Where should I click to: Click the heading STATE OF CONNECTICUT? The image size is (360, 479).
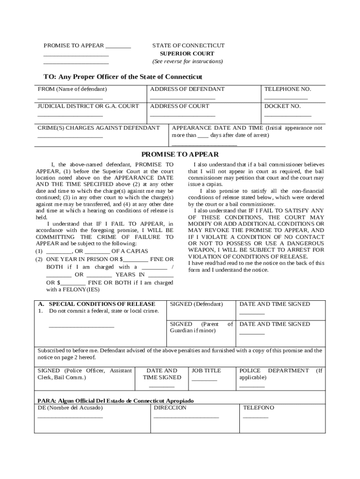pos(188,45)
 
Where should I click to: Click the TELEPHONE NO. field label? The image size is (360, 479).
pos(288,89)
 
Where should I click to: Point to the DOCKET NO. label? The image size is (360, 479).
pos(282,106)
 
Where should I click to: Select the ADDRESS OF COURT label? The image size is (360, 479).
pos(180,106)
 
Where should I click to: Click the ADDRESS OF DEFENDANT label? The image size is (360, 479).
pos(187,89)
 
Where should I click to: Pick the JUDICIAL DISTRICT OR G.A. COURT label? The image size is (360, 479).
pos(88,106)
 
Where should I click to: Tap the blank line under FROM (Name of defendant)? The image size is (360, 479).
pos(70,99)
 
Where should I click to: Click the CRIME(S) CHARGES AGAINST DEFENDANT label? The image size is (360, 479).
pos(98,128)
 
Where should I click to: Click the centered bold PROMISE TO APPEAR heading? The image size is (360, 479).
pos(180,154)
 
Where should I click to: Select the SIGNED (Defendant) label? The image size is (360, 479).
pos(196,304)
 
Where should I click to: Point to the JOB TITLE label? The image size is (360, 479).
pos(206,370)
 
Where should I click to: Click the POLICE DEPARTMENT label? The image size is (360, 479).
pos(274,370)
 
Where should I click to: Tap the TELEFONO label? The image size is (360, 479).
pos(259,407)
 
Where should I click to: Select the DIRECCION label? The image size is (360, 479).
pos(170,407)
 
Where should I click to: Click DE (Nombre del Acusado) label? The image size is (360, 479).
pos(70,407)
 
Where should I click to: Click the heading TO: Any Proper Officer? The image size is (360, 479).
pos(123,77)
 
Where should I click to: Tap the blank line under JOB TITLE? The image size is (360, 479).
pos(204,380)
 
